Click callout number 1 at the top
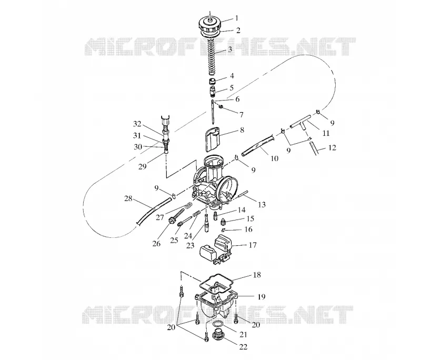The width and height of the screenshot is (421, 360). click(x=236, y=18)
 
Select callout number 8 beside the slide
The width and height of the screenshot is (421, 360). click(x=242, y=130)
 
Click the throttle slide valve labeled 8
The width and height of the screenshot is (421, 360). click(x=212, y=139)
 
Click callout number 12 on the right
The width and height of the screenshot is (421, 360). click(x=332, y=148)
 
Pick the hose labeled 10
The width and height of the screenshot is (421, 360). click(x=258, y=145)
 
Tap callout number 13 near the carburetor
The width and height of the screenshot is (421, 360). click(x=262, y=205)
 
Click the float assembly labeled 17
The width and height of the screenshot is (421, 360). click(x=216, y=249)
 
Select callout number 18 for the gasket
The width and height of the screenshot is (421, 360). click(x=257, y=275)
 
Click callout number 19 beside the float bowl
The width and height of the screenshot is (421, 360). click(x=261, y=296)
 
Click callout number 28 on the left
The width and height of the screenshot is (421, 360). click(x=128, y=198)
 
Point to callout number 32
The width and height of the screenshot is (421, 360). click(x=137, y=124)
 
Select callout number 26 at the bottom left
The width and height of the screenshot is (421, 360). click(x=156, y=244)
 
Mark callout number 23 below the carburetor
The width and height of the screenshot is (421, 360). click(x=190, y=245)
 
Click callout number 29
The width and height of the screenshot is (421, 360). click(x=142, y=166)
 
